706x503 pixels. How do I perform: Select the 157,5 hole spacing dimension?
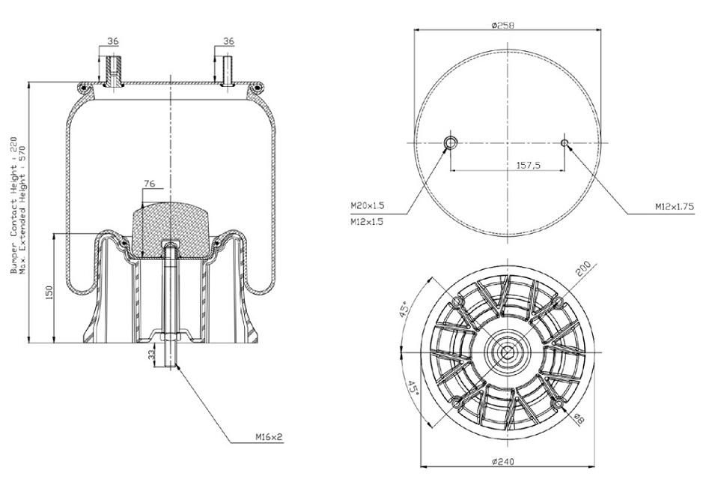(x=530, y=166)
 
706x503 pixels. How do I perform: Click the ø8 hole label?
(x=578, y=419)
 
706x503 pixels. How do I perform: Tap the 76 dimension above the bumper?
(x=150, y=182)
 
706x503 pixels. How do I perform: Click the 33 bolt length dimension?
(x=152, y=354)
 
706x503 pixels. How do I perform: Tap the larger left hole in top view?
(x=451, y=143)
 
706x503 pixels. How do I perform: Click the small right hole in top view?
(x=565, y=143)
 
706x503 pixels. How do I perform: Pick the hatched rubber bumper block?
(x=170, y=225)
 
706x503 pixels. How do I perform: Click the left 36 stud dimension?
(x=112, y=42)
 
